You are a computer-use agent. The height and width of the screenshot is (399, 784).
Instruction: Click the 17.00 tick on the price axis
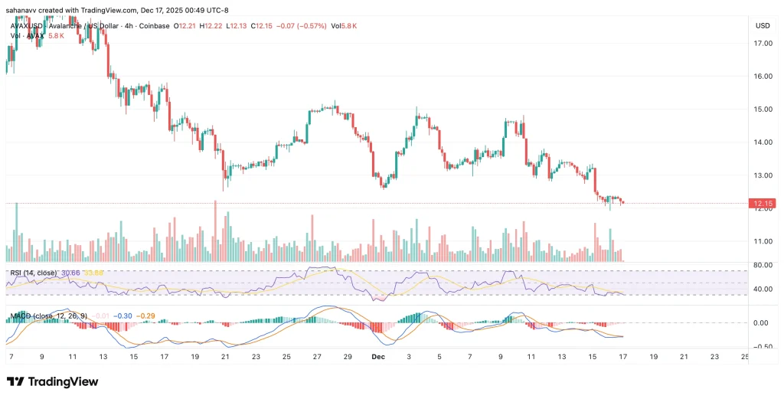pyautogui.click(x=763, y=44)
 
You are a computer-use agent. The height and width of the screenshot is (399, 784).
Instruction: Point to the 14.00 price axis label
pyautogui.click(x=763, y=142)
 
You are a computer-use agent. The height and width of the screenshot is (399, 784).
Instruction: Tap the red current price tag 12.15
pyautogui.click(x=763, y=204)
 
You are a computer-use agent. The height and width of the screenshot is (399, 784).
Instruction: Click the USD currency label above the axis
pyautogui.click(x=763, y=25)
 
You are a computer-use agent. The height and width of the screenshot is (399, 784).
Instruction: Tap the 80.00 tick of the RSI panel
pyautogui.click(x=763, y=266)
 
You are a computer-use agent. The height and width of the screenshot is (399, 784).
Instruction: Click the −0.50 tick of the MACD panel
pyautogui.click(x=762, y=345)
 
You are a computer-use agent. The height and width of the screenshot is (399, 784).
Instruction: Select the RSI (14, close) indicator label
pyautogui.click(x=31, y=272)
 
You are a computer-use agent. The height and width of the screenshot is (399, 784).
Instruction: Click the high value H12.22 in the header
pyautogui.click(x=211, y=26)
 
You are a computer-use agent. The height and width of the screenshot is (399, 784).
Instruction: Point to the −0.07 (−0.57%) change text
pyautogui.click(x=304, y=26)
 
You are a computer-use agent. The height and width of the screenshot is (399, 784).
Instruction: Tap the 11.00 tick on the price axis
pyautogui.click(x=763, y=241)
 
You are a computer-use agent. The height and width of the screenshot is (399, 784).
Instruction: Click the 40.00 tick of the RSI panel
pyautogui.click(x=763, y=289)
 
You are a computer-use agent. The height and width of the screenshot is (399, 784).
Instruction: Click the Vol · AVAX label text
pyautogui.click(x=24, y=36)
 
